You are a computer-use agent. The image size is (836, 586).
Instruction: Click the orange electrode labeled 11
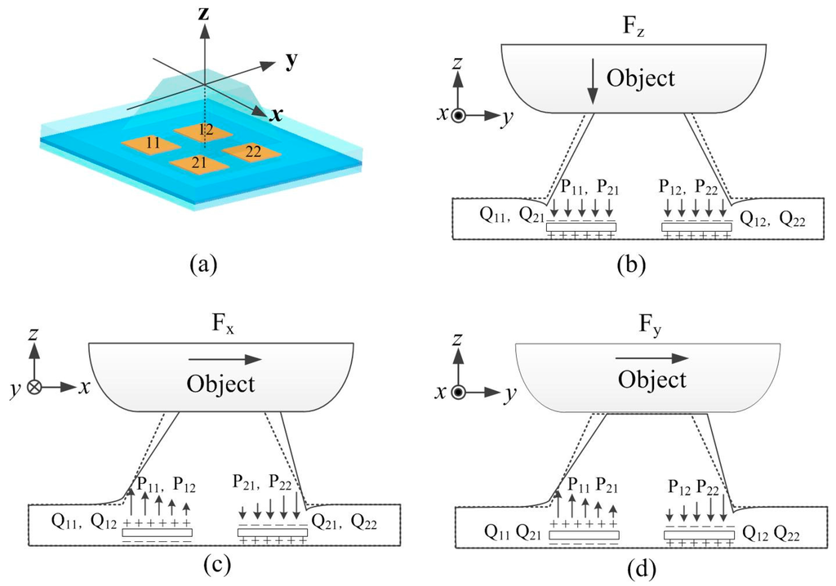pos(151,144)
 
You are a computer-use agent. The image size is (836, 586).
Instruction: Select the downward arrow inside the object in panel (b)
pos(593,85)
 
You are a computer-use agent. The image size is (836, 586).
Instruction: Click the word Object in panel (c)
pos(220,384)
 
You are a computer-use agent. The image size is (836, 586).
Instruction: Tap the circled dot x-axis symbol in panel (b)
pos(459,117)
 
